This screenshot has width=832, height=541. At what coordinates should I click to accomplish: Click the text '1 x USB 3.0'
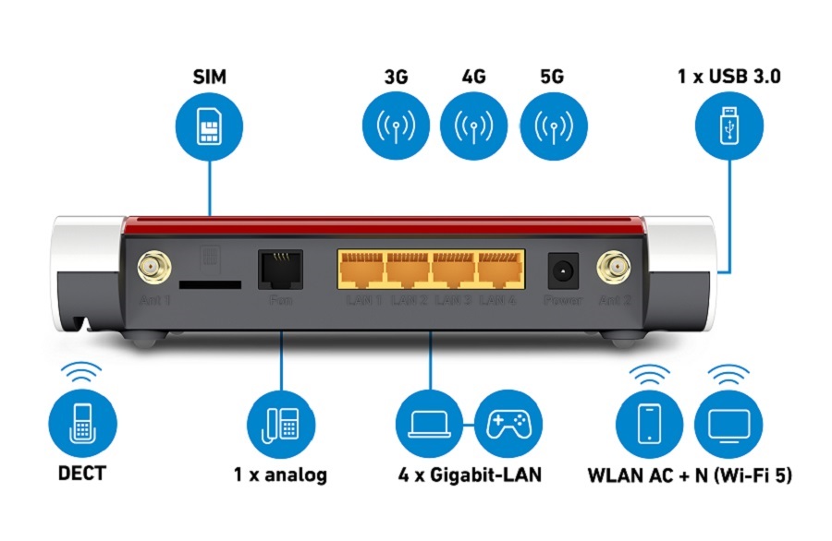pos(728,77)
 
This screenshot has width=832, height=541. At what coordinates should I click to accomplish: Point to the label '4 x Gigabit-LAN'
pos(470,475)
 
